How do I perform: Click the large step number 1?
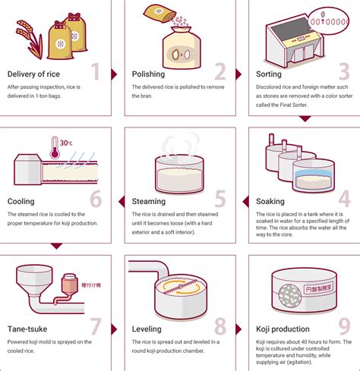(x=96, y=73)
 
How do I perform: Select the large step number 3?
(x=344, y=73)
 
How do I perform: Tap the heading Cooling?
(x=21, y=202)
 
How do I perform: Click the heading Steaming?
(x=149, y=202)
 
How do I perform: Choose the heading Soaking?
(x=271, y=202)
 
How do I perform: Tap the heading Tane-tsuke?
(x=29, y=329)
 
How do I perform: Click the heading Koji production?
(x=283, y=329)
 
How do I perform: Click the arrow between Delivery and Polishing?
(x=114, y=74)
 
